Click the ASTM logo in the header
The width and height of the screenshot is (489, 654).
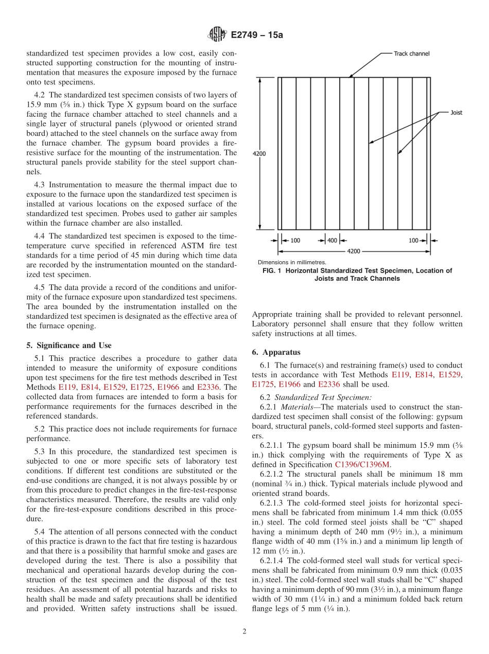pyautogui.click(x=216, y=35)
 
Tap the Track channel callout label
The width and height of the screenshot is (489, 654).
pyautogui.click(x=411, y=53)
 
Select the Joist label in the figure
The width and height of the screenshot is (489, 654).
pyautogui.click(x=456, y=113)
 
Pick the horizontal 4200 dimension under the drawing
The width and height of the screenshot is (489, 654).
pyautogui.click(x=354, y=251)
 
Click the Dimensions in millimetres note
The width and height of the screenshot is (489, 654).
pyautogui.click(x=292, y=262)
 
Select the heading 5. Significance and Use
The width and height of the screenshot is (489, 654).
pyautogui.click(x=68, y=346)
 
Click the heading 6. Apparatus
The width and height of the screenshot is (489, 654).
pyautogui.click(x=276, y=353)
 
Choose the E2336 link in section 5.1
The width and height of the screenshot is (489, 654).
pyautogui.click(x=208, y=387)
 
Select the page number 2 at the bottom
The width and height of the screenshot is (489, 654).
pyautogui.click(x=244, y=632)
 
